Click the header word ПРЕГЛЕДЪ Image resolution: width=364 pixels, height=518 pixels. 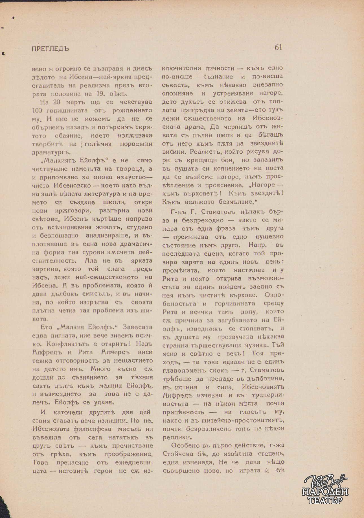click(x=51, y=49)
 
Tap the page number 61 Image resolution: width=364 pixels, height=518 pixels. click(x=278, y=47)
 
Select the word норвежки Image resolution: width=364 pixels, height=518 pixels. click(x=136, y=144)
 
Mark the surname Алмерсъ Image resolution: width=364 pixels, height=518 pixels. click(x=115, y=352)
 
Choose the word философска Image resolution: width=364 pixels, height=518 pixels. click(x=92, y=429)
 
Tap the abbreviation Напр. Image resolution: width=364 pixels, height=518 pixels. click(x=259, y=245)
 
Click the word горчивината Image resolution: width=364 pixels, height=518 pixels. click(x=235, y=304)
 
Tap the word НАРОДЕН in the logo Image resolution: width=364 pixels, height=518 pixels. click(x=325, y=492)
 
